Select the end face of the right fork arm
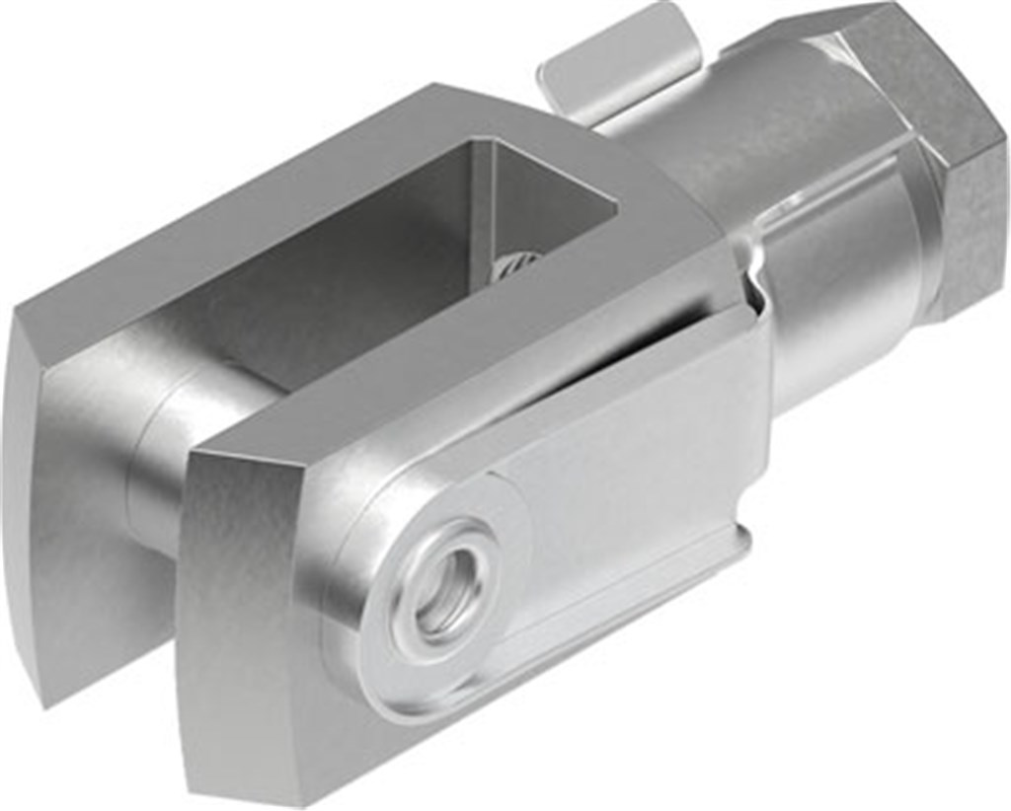(x=247, y=631)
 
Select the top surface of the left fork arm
(x=247, y=227)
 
